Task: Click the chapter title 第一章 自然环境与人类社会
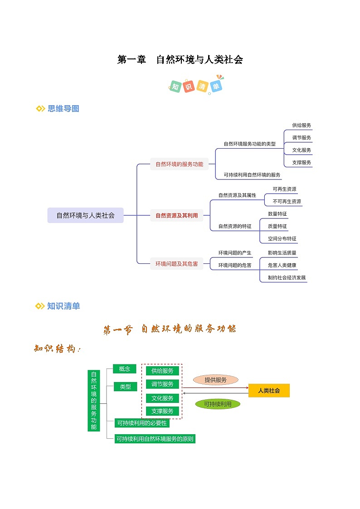[x=180, y=59]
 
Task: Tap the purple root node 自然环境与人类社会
[x=85, y=215]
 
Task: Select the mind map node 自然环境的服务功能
[x=179, y=164]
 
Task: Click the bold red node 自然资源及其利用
[x=177, y=215]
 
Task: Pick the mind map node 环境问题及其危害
[x=177, y=263]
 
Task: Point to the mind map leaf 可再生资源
[x=284, y=189]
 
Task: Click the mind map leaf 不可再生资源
[x=287, y=201]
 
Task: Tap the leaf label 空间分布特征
[x=282, y=238]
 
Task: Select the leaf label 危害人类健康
[x=282, y=265]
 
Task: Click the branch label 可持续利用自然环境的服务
[x=252, y=175]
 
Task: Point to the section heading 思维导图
[x=63, y=109]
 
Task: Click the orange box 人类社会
[x=269, y=390]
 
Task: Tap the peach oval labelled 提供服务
[x=215, y=380]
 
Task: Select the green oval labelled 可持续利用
[x=218, y=404]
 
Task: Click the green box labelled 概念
[x=125, y=369]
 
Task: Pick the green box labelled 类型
[x=125, y=387]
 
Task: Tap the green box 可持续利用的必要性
[x=142, y=423]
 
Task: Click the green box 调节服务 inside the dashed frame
[x=162, y=384]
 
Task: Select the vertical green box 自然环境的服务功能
[x=94, y=401]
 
